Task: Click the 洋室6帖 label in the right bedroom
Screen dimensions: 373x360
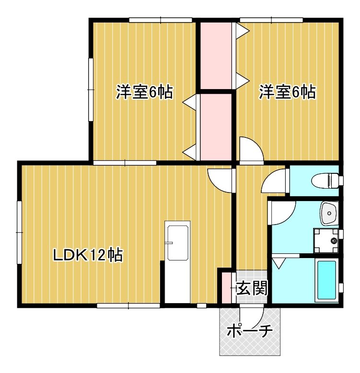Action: [x=288, y=92]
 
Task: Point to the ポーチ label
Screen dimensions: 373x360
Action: [x=249, y=331]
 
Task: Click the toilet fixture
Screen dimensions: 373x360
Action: [x=326, y=181]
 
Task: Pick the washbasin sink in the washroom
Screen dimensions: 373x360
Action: [x=330, y=213]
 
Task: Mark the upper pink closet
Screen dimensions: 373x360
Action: [x=215, y=55]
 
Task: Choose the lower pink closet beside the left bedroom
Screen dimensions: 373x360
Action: [x=215, y=127]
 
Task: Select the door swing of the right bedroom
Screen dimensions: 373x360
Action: [x=250, y=149]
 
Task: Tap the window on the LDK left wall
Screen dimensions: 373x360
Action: [x=19, y=232]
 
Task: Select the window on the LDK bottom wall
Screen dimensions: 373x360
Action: [x=128, y=305]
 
